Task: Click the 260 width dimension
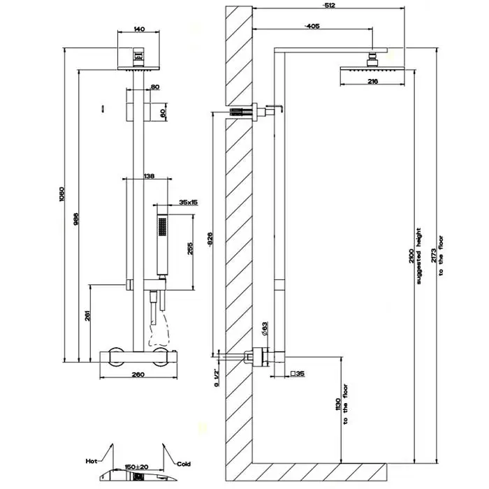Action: tap(137, 375)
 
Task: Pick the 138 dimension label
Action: tap(149, 177)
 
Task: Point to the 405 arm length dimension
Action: tap(312, 26)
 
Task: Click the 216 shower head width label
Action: tap(372, 82)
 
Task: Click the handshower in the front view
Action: tap(162, 245)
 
